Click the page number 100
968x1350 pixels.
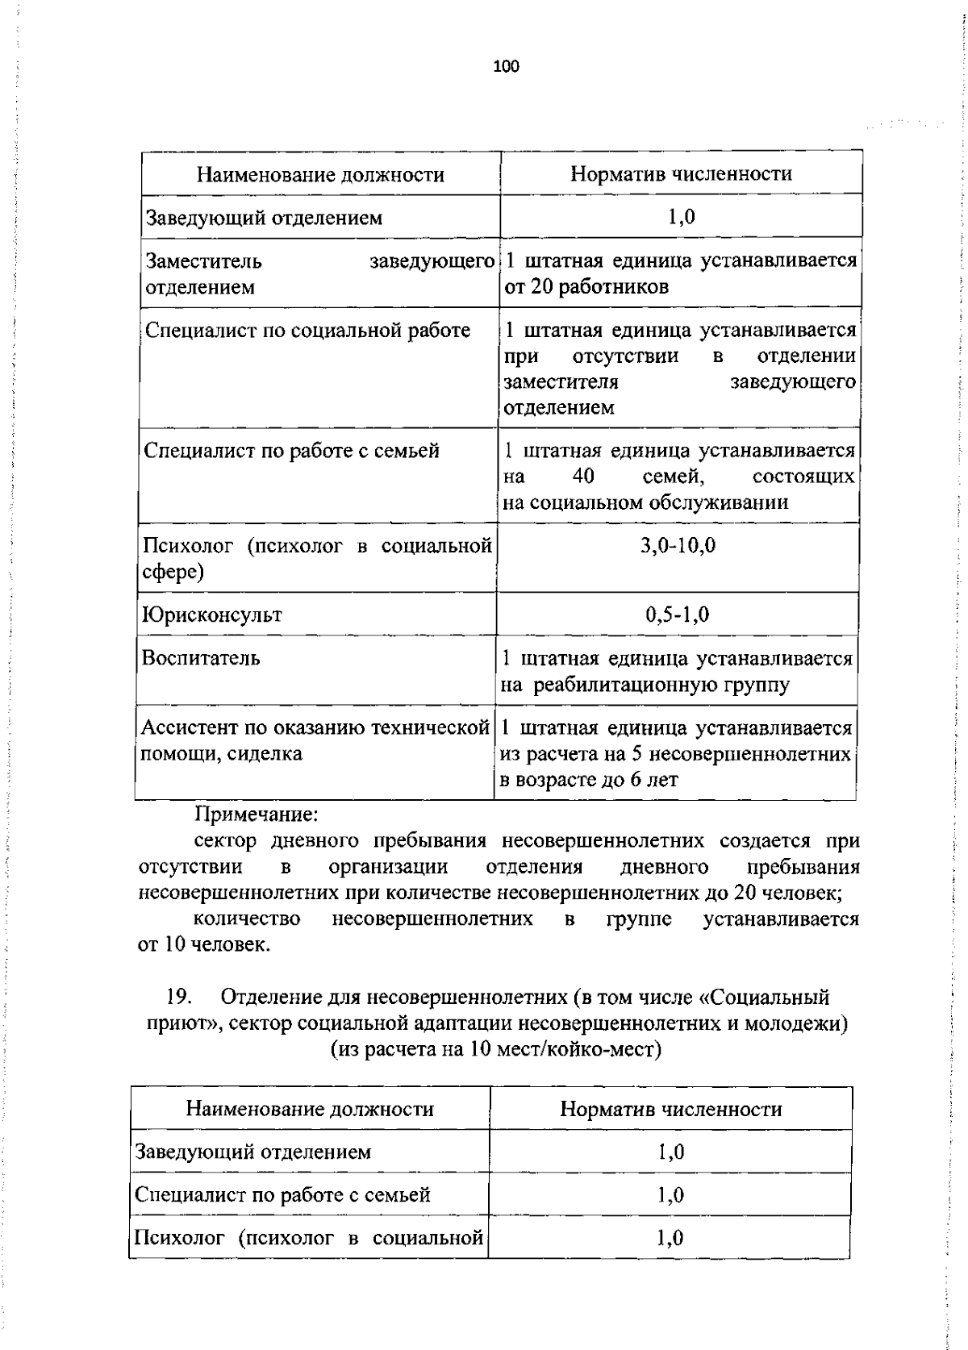pos(506,67)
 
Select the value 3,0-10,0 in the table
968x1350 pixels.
pos(678,546)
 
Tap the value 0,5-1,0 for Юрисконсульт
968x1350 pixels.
pos(677,615)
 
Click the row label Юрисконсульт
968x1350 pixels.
pos(212,615)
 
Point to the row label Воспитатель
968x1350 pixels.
pos(201,658)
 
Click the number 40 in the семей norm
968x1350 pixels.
pos(583,477)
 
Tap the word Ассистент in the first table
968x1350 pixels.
pos(190,728)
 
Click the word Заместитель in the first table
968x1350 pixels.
pos(203,261)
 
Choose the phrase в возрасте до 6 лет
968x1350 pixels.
pos(589,780)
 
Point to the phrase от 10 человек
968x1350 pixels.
pos(203,944)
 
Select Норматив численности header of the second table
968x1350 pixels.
pos(670,1109)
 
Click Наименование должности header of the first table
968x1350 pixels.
pos(320,175)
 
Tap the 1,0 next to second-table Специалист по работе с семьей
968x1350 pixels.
pos(670,1195)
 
